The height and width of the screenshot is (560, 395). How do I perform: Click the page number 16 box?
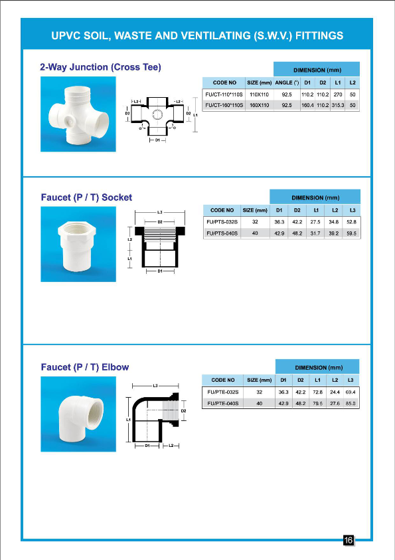click(348, 540)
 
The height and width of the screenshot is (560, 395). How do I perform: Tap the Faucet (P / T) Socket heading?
click(86, 197)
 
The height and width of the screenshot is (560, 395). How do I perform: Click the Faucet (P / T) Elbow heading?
click(85, 366)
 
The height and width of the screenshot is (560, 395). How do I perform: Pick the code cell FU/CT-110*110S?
click(224, 94)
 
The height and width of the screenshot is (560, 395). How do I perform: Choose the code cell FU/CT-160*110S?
click(224, 105)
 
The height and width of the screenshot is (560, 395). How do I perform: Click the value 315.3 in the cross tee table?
click(338, 105)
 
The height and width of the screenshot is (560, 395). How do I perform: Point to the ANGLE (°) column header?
click(287, 82)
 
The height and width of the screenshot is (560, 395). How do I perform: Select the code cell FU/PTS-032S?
click(222, 221)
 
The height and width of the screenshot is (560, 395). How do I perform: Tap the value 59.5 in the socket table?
click(351, 233)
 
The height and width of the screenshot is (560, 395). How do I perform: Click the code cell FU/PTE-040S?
click(222, 404)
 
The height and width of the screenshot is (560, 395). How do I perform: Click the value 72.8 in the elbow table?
click(318, 392)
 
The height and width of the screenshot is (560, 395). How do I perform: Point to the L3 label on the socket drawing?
click(160, 212)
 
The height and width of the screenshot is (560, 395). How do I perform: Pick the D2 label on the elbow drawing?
click(183, 411)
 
